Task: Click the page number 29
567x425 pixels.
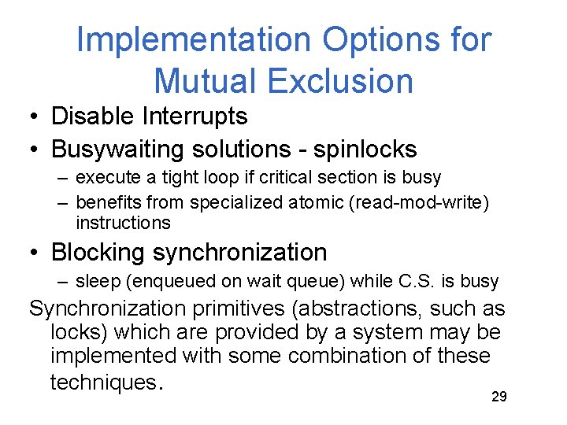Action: tap(498, 397)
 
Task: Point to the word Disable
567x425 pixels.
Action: tap(93, 116)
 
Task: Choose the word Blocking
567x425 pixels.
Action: tap(98, 253)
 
